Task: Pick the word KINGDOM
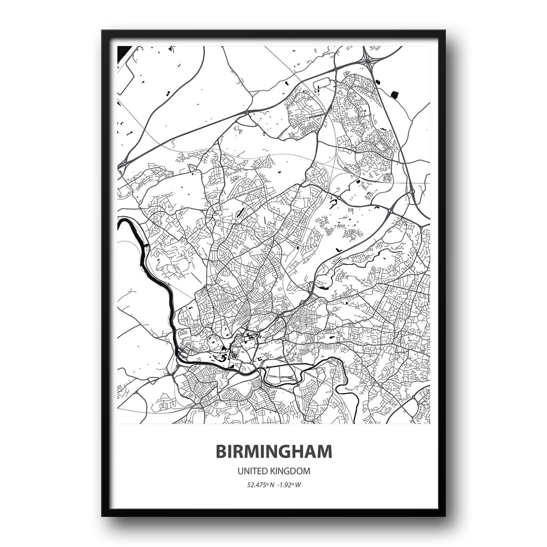click(x=292, y=470)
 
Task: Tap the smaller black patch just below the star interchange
click(x=378, y=82)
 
